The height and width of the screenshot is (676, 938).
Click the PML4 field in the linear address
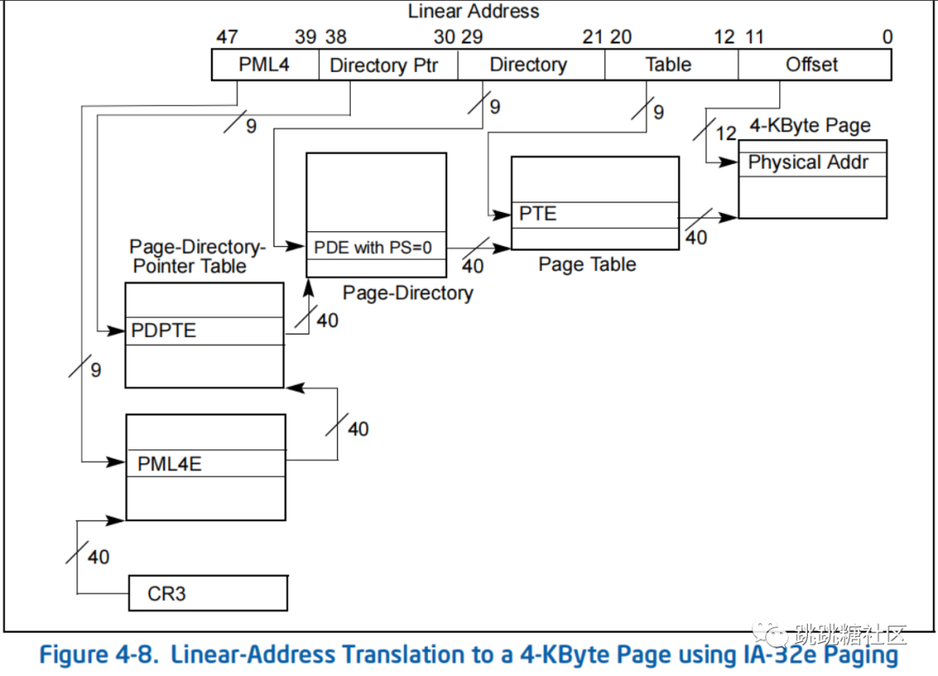[265, 64]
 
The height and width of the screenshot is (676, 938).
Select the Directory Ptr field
[383, 65]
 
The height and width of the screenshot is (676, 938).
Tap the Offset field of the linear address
[812, 64]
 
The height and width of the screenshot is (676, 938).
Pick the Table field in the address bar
[669, 64]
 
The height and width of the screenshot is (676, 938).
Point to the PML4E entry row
[205, 463]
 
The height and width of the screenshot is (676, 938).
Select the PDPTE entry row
[204, 331]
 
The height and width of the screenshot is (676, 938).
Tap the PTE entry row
[594, 214]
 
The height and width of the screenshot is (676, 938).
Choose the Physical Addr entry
[811, 162]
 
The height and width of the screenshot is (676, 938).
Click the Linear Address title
[473, 11]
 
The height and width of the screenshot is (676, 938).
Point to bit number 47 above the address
[228, 36]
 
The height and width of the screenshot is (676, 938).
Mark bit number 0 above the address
[887, 36]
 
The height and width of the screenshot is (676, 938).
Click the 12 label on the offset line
[726, 133]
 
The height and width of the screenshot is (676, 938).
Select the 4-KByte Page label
[809, 126]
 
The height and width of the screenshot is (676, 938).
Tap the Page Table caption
[587, 264]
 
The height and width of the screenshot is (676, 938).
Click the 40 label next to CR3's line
[98, 556]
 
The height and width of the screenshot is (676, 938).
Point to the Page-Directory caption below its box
[407, 293]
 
